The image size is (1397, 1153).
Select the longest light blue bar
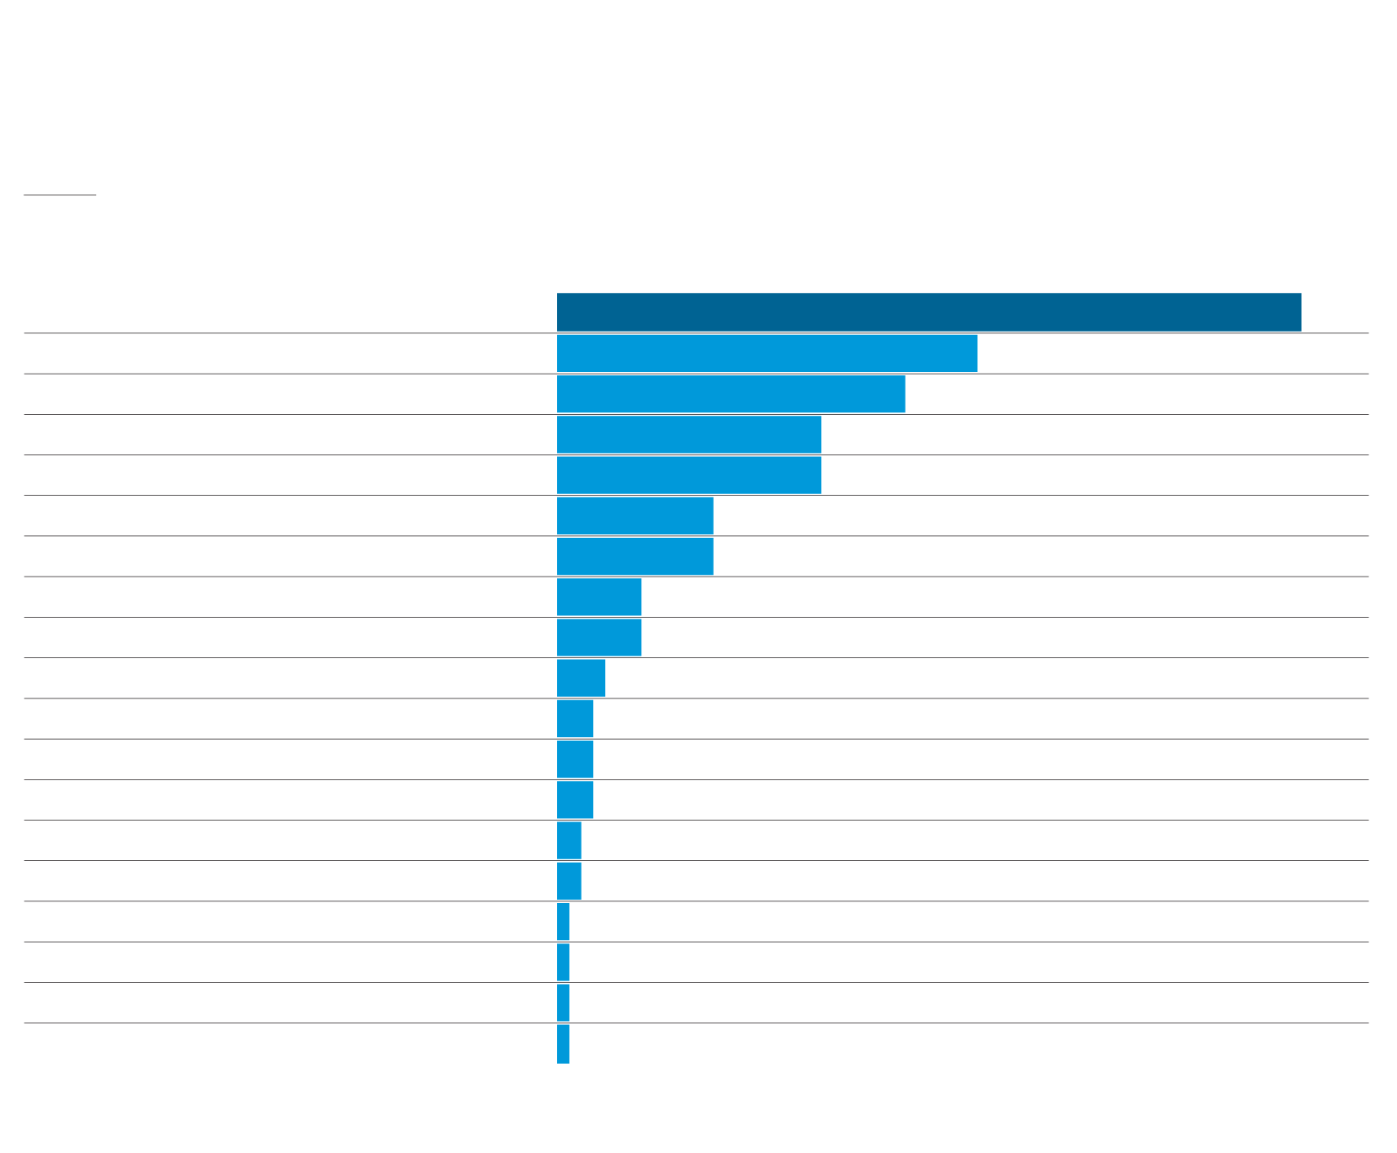pyautogui.click(x=767, y=353)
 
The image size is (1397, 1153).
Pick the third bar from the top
pyautogui.click(x=730, y=394)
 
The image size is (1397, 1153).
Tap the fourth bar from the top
pyautogui.click(x=688, y=434)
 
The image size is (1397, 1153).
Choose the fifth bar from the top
pyautogui.click(x=688, y=475)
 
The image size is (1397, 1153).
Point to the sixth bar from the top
pyautogui.click(x=635, y=515)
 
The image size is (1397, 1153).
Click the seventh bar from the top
pyautogui.click(x=635, y=555)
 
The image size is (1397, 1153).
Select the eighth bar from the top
pyautogui.click(x=598, y=597)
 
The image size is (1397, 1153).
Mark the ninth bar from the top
pyautogui.click(x=598, y=637)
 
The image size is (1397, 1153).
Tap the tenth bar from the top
pyautogui.click(x=581, y=677)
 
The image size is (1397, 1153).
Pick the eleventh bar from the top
pyautogui.click(x=575, y=718)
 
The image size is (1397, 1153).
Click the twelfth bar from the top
pyautogui.click(x=575, y=758)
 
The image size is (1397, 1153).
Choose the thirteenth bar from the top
pyautogui.click(x=575, y=800)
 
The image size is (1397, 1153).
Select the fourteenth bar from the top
pyautogui.click(x=569, y=840)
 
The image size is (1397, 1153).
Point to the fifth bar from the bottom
pyautogui.click(x=569, y=880)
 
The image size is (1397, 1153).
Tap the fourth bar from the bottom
pyautogui.click(x=563, y=921)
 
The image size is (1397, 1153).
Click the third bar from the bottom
pyautogui.click(x=563, y=962)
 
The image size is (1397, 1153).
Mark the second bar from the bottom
pyautogui.click(x=563, y=1002)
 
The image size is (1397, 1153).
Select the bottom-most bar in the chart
pyautogui.click(x=563, y=1044)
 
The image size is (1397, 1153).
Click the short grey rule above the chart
pyautogui.click(x=60, y=194)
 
